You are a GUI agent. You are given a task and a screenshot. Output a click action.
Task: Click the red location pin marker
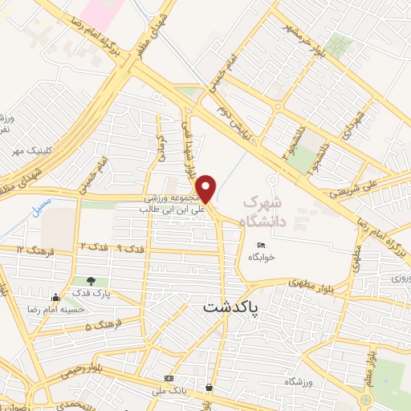[x=206, y=187]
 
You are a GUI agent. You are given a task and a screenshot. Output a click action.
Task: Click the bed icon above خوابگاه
[x=260, y=245]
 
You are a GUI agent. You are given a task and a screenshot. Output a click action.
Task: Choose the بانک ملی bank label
[x=169, y=391]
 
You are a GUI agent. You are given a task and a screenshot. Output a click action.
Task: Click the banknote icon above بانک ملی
[x=169, y=377]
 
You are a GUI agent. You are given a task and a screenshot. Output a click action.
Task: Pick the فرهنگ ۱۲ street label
[x=32, y=250]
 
